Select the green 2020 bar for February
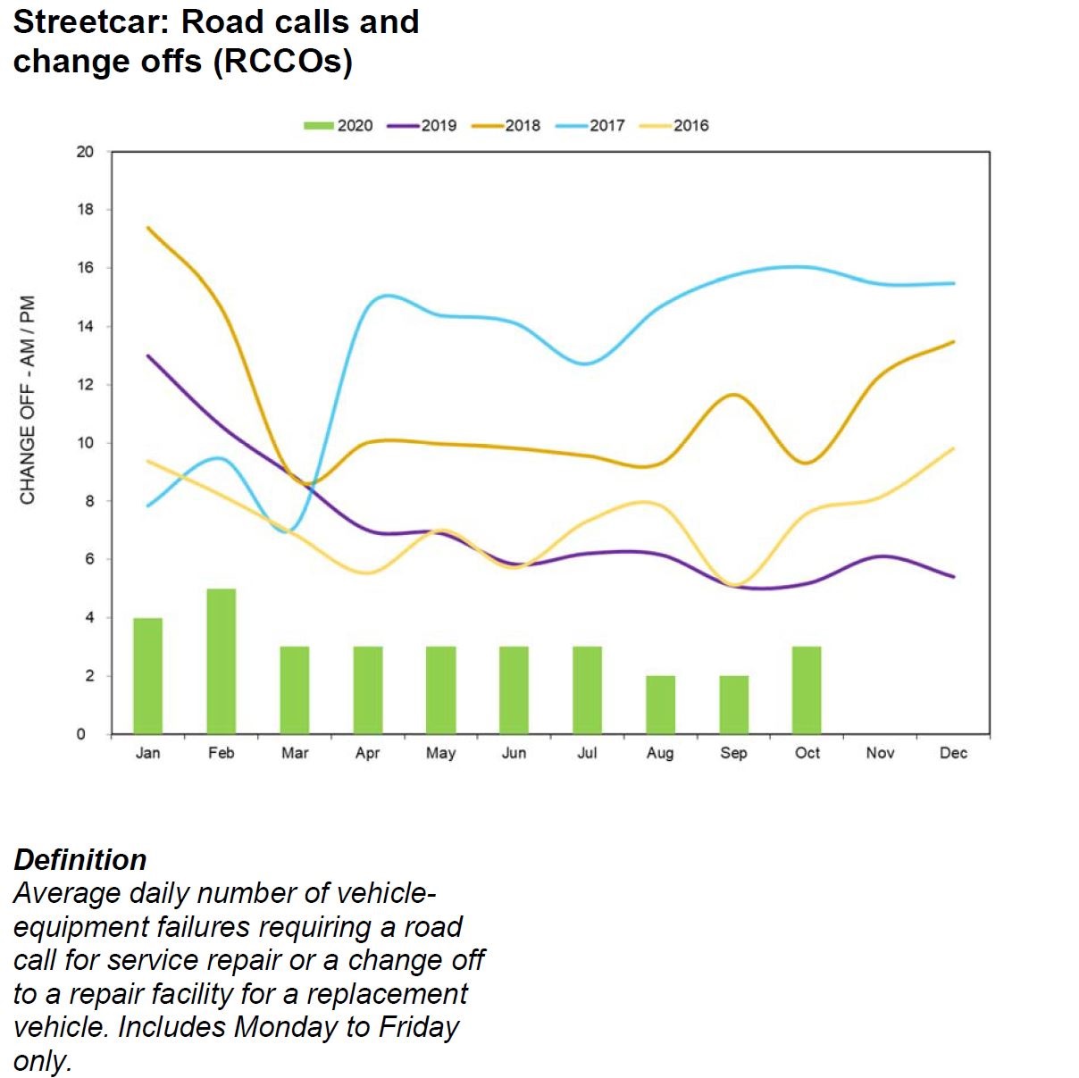coord(222,661)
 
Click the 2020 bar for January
coord(147,676)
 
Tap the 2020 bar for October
coord(807,690)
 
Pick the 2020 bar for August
coord(660,705)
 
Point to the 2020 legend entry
coord(339,126)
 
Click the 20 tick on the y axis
coord(85,152)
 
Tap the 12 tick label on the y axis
coord(85,385)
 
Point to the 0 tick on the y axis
coord(81,734)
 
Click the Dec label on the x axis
coord(953,753)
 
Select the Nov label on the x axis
coord(880,753)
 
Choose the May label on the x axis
coord(440,753)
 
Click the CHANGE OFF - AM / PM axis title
coord(28,399)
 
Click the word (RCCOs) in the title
coord(283,62)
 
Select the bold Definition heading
coord(80,859)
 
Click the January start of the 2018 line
coord(148,228)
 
